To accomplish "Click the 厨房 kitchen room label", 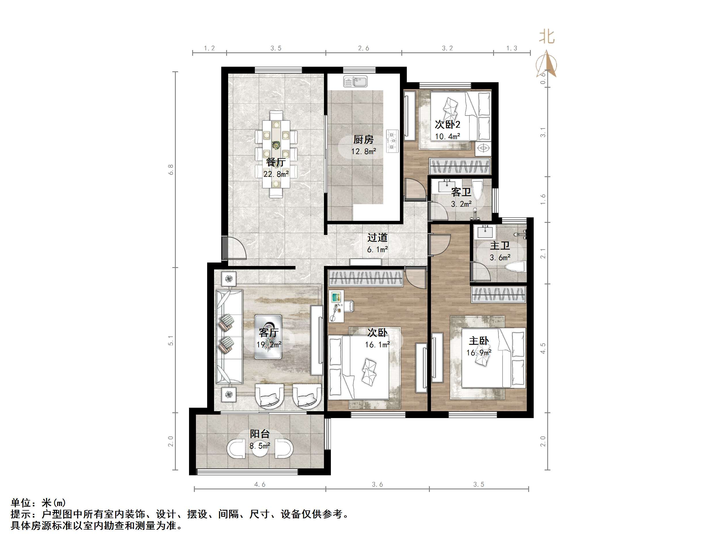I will [363, 140].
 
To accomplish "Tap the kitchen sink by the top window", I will [355, 81].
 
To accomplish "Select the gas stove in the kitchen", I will [392, 141].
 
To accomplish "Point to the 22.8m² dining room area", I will [276, 174].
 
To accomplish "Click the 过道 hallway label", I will [377, 238].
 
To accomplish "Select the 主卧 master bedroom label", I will [478, 341].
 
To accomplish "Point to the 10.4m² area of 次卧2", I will [447, 137].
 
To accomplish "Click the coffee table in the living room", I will [268, 337].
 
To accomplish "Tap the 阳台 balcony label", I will [260, 434].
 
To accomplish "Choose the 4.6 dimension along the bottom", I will [260, 484].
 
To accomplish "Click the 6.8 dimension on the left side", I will [171, 170].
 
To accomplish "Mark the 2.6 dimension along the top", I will [363, 48].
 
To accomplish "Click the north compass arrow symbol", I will [547, 64].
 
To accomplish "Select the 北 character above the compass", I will [547, 37].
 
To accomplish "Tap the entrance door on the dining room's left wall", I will [234, 248].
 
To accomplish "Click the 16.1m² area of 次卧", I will [377, 345].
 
